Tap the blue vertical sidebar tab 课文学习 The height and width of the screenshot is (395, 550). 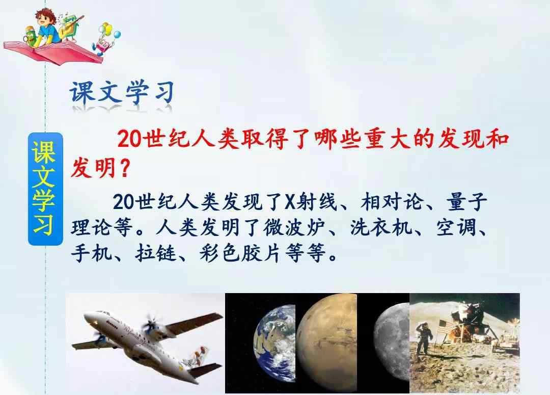45,189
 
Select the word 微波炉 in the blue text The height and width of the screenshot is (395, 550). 294,227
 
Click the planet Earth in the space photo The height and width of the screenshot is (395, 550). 274,343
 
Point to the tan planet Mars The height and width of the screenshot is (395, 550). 327,343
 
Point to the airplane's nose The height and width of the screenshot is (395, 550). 88,317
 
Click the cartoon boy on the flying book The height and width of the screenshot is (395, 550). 47,27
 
